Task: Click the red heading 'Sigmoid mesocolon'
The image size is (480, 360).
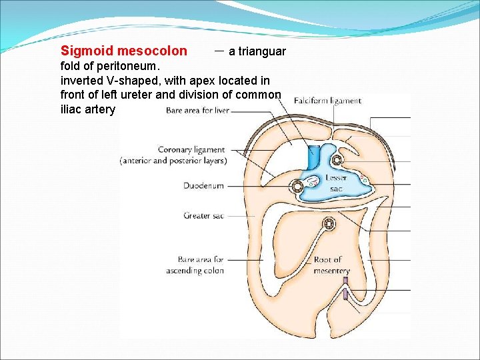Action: tap(124, 51)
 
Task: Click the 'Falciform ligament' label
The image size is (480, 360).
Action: tap(327, 101)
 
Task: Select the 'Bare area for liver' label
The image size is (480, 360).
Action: tap(197, 110)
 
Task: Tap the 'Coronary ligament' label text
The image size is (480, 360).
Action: tap(191, 150)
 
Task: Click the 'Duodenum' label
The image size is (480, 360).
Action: tap(203, 186)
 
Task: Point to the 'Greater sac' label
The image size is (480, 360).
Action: tap(203, 216)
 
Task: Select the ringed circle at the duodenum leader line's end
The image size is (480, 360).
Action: tap(294, 187)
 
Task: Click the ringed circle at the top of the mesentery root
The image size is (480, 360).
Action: tap(329, 225)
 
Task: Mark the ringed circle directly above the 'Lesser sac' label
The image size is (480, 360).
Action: tap(337, 160)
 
